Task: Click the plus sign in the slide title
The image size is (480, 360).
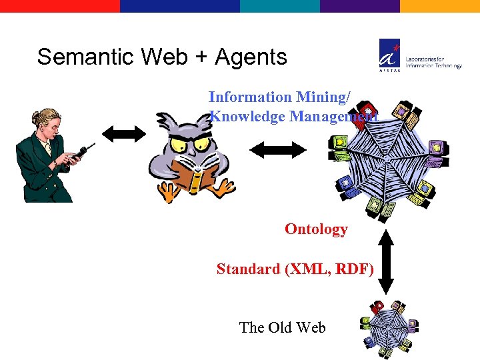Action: click(201, 58)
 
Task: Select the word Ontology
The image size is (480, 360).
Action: click(316, 229)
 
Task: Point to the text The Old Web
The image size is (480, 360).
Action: click(282, 327)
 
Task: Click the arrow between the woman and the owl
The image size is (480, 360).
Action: click(124, 133)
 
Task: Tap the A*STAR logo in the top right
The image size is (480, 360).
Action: click(391, 54)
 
